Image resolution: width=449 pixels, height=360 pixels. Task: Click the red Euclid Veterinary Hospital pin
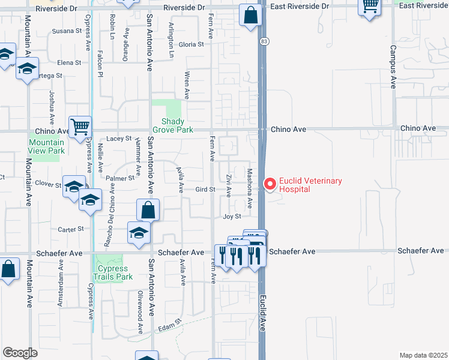270,184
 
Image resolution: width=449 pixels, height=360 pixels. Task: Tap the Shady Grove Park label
173,125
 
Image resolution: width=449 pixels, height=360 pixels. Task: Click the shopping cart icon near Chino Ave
80,127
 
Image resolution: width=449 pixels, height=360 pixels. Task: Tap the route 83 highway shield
264,41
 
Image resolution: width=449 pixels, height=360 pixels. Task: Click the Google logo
20,353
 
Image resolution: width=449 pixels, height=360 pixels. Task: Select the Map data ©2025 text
423,355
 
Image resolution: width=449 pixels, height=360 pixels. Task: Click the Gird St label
205,190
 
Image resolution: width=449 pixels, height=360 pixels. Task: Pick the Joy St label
232,216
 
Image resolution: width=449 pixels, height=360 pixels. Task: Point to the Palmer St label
124,178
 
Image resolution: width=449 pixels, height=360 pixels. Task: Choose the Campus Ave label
393,67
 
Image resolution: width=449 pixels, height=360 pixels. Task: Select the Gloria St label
191,44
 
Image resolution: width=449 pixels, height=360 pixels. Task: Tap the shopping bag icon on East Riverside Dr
250,15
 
